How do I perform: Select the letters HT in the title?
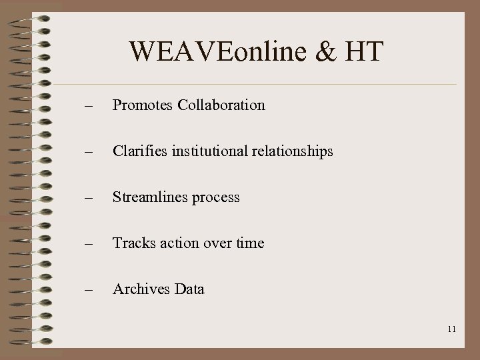click(x=364, y=52)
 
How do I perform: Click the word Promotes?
click(x=143, y=105)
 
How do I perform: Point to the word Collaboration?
click(x=221, y=105)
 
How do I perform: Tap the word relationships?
click(x=294, y=152)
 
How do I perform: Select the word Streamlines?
click(x=149, y=197)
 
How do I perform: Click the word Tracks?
click(x=134, y=243)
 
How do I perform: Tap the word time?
click(x=249, y=243)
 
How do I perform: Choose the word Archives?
click(x=141, y=289)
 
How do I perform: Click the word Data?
click(x=189, y=289)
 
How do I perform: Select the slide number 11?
click(x=451, y=329)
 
